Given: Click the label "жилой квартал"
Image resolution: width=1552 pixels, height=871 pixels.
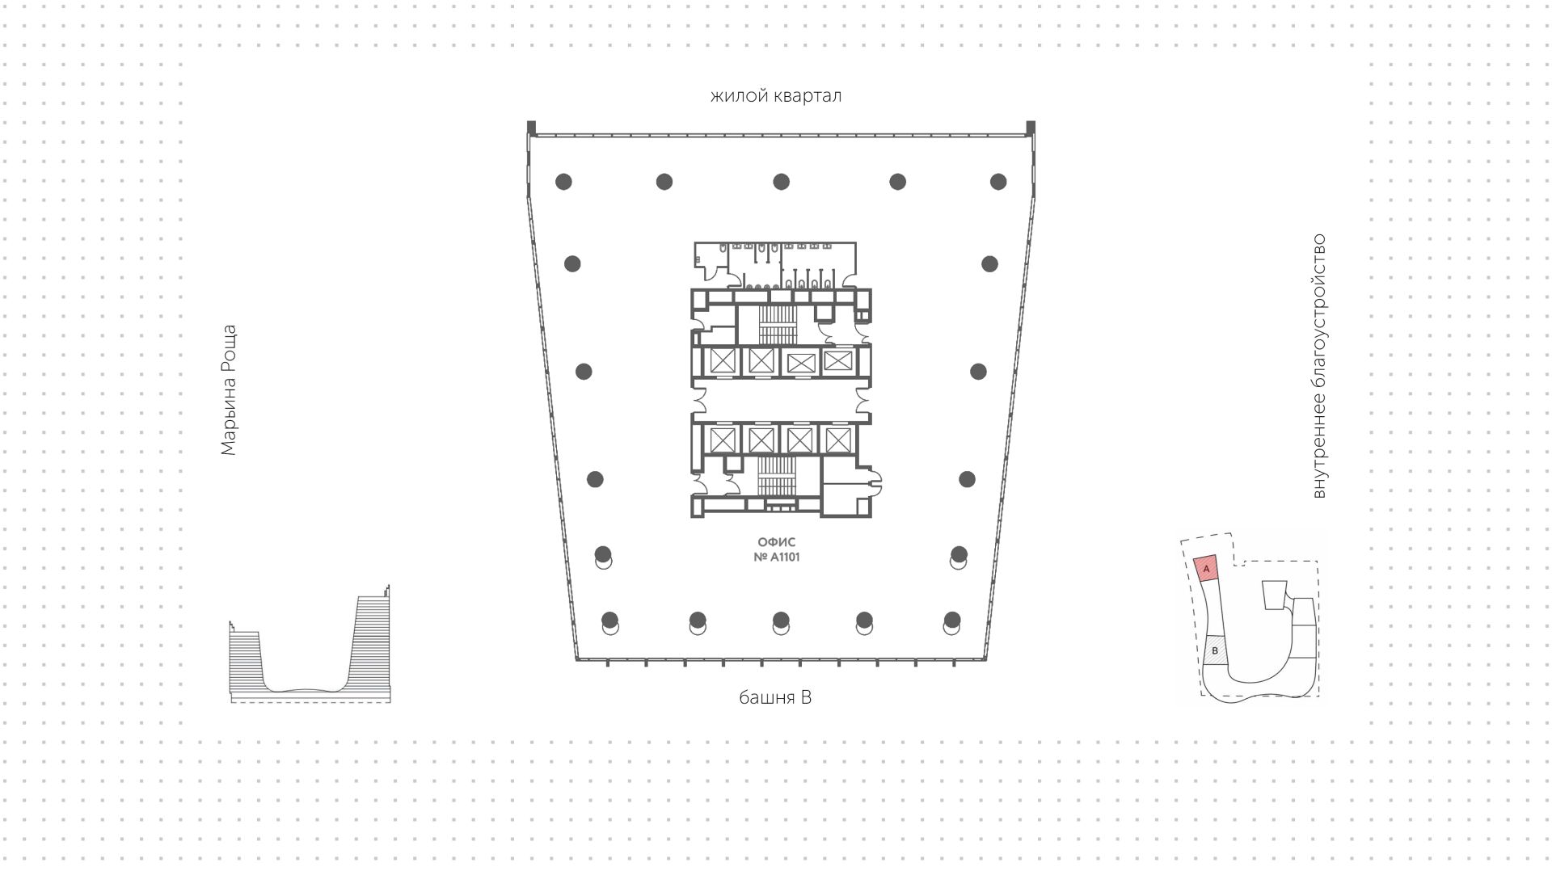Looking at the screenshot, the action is tap(776, 96).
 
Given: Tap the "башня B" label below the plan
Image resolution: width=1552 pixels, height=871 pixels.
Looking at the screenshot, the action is tap(775, 697).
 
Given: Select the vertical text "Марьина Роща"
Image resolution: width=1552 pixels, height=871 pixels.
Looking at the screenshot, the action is tap(229, 390).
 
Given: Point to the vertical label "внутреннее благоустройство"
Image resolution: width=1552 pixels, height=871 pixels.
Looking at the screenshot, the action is tap(1319, 366).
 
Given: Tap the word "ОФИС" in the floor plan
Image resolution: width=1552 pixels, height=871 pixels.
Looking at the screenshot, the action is tap(776, 543).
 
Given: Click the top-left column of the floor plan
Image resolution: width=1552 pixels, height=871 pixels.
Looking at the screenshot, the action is tap(563, 181).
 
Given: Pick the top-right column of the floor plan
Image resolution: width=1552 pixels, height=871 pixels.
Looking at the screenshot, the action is tap(998, 181).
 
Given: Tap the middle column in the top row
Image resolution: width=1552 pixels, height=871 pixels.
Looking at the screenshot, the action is tap(781, 181).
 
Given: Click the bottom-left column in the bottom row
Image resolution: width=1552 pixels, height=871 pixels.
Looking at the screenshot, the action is tap(609, 621).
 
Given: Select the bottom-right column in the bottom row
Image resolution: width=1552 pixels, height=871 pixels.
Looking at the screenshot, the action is tap(952, 621).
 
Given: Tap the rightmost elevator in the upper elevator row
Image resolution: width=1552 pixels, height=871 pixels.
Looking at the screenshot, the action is tap(838, 360).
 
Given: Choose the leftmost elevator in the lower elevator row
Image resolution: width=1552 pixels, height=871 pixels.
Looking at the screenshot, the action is tap(721, 440).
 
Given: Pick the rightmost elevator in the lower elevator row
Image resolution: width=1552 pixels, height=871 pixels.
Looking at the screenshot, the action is tap(838, 440).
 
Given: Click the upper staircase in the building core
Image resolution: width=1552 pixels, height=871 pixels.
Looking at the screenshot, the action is tap(777, 325).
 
